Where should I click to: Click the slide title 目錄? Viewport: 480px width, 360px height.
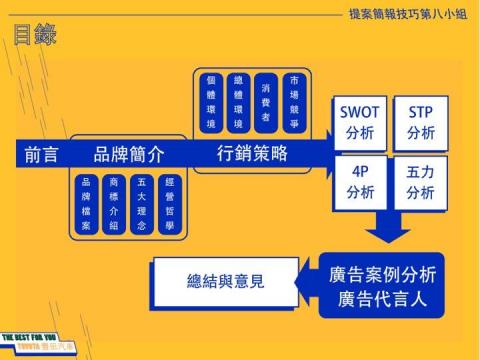35,36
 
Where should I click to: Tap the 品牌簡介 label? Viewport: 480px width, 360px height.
128,155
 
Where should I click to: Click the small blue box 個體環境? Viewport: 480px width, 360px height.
212,100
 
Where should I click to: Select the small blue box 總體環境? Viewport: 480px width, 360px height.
238,100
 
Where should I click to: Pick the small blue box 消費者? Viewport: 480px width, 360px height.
265,100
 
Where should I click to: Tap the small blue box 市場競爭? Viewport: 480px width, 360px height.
293,100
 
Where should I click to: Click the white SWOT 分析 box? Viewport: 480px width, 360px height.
359,122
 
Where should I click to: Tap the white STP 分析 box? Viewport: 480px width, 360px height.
420,122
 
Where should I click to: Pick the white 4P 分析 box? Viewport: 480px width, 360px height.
359,182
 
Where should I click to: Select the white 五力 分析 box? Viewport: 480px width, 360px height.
420,182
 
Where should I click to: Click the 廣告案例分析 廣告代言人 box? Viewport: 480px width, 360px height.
381,284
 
